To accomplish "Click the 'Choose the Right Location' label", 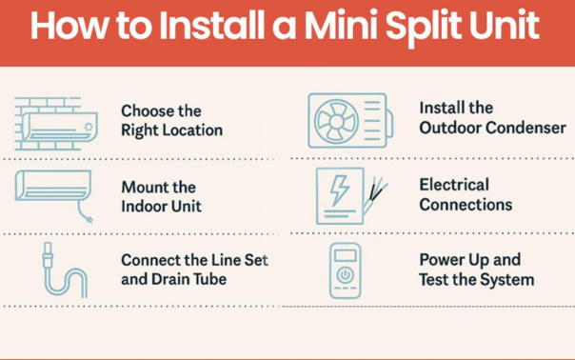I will pos(171,119).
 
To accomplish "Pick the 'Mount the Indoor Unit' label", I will pos(161,196).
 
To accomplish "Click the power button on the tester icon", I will pos(347,277).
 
